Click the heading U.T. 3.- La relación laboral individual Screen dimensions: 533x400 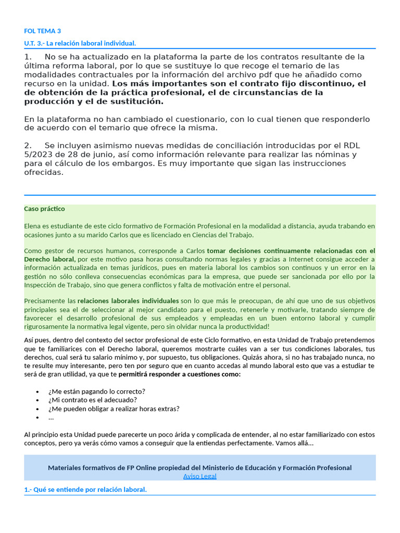tap(80, 43)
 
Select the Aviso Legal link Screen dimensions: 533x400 tap(199, 476)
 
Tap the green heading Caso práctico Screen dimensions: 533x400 tap(44, 209)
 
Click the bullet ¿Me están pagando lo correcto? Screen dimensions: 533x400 tap(96, 391)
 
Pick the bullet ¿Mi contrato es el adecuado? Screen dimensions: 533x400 tap(92, 400)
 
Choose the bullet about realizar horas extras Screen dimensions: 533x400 tap(114, 409)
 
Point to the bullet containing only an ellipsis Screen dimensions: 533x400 tap(51, 417)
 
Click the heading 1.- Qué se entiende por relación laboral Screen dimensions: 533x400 tap(85, 490)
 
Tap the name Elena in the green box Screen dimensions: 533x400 tap(33, 226)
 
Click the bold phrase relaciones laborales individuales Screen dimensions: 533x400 tap(128, 301)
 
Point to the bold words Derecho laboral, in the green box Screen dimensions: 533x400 tap(49, 259)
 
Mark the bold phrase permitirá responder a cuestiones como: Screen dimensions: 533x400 tap(180, 374)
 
